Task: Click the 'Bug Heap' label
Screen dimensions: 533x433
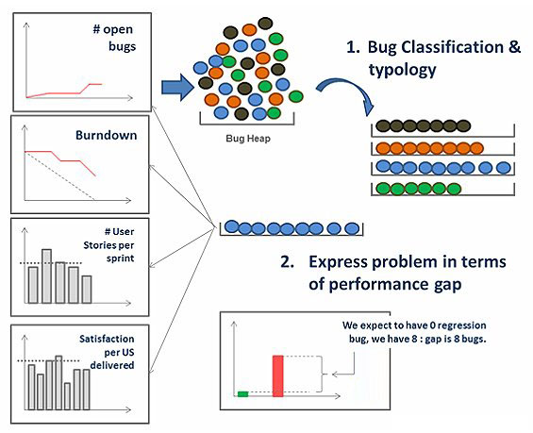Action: [x=248, y=139]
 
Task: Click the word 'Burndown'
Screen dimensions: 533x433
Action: [x=106, y=135]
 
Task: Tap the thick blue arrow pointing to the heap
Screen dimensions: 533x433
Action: [x=177, y=88]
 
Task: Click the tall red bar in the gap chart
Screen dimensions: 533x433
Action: [x=277, y=375]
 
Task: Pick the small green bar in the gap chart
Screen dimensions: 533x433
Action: [x=242, y=394]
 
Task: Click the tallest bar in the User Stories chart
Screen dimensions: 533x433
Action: [x=47, y=276]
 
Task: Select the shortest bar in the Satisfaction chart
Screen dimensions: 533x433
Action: [x=67, y=396]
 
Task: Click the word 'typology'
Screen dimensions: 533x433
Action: [x=402, y=70]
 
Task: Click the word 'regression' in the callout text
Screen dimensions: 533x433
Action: [x=461, y=325]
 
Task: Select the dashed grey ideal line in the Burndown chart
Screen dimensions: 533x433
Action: [x=59, y=175]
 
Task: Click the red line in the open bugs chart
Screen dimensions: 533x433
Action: [x=64, y=91]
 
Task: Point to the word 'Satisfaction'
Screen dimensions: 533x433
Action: [x=107, y=339]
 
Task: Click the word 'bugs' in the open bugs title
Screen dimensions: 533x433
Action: [x=122, y=46]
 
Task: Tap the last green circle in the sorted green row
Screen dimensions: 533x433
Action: [x=454, y=189]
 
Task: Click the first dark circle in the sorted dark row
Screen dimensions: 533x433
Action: [x=383, y=126]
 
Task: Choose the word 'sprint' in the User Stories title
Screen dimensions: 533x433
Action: [x=121, y=258]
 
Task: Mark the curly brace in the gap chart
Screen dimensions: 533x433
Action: [x=322, y=375]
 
